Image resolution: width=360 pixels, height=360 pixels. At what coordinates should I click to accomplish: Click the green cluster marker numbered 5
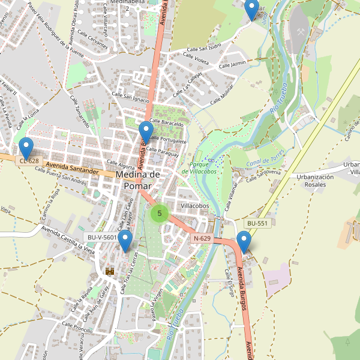coord(160,213)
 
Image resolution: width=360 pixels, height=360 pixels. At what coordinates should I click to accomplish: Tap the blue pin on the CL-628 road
coord(26,148)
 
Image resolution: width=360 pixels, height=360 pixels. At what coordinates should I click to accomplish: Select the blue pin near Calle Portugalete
coord(146,131)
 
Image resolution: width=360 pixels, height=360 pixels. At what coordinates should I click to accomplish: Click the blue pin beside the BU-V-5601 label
coord(125,241)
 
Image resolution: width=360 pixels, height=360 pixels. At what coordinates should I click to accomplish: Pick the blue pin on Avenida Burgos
coord(244,241)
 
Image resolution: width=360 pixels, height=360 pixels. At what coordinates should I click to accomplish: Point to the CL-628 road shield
coord(29,161)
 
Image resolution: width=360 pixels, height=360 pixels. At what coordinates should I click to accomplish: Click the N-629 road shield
coord(202,238)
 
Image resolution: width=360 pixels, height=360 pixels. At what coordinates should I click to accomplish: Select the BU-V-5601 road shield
coord(102,238)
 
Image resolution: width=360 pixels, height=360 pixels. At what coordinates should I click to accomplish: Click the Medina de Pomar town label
coord(137,180)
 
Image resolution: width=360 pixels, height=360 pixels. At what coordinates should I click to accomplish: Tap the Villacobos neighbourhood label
coord(194,206)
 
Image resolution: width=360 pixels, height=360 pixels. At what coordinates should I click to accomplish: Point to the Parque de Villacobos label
coord(203,167)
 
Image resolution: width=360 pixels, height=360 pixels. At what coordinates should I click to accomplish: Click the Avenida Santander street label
coord(71,167)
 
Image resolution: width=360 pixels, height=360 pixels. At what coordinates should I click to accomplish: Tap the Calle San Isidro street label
coord(205,47)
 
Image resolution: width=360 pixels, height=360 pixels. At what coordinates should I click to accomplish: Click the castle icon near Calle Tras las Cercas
coord(110,271)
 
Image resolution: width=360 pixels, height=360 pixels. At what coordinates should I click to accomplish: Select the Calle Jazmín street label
coord(233,64)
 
